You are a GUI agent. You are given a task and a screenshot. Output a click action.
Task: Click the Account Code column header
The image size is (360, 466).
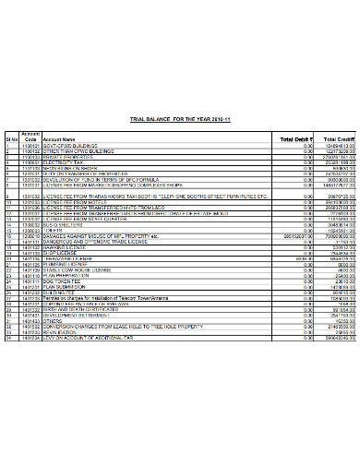click(30, 136)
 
